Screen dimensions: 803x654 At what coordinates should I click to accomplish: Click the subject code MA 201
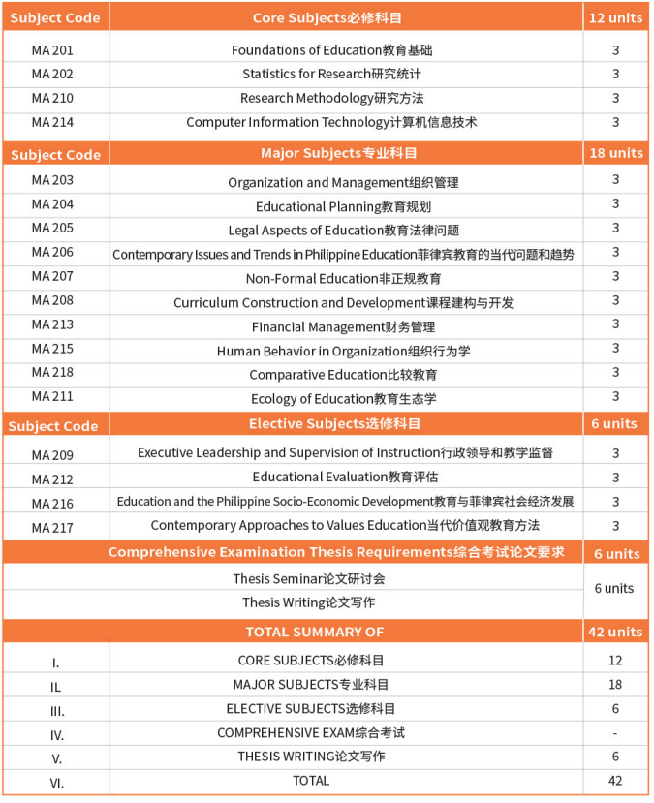(x=52, y=49)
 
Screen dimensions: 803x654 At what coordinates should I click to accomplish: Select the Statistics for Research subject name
(x=331, y=74)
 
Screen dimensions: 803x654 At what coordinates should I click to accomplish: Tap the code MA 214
(x=52, y=122)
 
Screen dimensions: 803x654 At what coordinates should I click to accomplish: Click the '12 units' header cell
(x=615, y=18)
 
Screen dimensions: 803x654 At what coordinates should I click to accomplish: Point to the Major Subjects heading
(x=331, y=153)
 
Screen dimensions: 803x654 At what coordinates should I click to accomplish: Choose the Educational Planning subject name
(x=343, y=206)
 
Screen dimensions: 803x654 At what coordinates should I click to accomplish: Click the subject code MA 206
(x=52, y=252)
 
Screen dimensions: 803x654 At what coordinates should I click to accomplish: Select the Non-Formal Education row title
(x=343, y=278)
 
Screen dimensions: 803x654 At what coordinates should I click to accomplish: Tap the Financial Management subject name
(x=343, y=326)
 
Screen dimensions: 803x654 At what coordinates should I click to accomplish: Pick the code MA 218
(x=52, y=372)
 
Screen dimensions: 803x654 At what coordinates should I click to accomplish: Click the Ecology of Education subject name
(x=343, y=399)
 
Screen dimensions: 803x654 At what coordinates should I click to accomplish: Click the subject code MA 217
(x=52, y=528)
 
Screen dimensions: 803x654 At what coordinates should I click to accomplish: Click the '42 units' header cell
(x=615, y=632)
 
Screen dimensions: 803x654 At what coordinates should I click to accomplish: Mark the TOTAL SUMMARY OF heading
(x=315, y=632)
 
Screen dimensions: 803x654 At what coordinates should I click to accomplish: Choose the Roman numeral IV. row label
(x=56, y=735)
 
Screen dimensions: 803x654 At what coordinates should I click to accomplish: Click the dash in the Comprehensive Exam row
(x=615, y=733)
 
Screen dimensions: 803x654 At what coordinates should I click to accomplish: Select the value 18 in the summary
(x=615, y=685)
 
